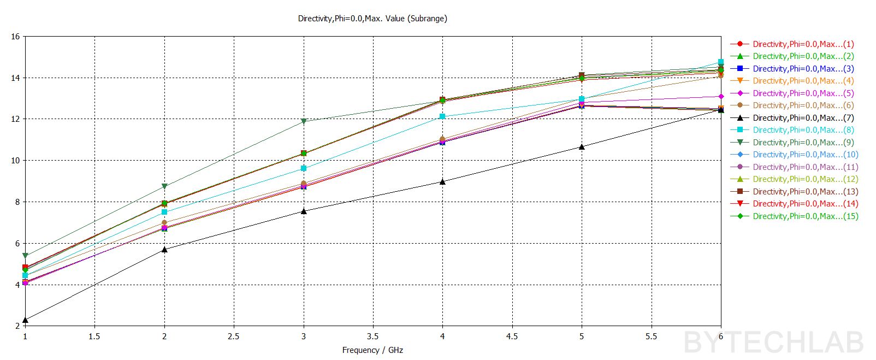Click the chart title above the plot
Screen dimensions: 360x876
[x=372, y=19]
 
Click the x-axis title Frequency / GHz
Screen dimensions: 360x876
[x=372, y=350]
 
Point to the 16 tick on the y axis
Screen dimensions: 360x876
[x=15, y=37]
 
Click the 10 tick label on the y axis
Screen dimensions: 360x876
[x=15, y=161]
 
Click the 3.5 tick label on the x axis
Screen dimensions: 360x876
[x=373, y=337]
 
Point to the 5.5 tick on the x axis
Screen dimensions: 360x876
[x=651, y=337]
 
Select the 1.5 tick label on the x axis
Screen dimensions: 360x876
[x=94, y=337]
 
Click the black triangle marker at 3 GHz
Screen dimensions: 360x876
[x=304, y=211]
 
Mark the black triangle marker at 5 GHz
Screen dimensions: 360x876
[x=582, y=146]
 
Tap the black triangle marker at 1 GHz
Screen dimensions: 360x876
[x=26, y=320]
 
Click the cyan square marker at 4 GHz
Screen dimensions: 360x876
[x=442, y=116]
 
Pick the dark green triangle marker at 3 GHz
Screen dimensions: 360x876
[x=304, y=121]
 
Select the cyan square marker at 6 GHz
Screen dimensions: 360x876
[x=721, y=62]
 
